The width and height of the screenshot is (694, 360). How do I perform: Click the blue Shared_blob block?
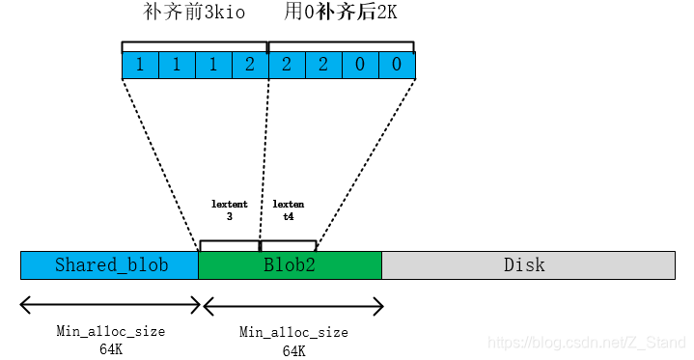109,265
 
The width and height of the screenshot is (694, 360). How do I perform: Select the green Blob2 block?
290,265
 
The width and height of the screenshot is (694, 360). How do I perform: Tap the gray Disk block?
527,265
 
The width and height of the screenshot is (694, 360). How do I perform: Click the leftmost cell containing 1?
140,66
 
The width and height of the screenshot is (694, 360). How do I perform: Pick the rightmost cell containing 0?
396,66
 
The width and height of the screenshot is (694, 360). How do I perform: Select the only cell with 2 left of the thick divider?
249,66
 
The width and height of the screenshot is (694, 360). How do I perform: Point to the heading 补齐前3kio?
194,14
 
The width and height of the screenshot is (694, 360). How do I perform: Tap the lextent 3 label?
230,210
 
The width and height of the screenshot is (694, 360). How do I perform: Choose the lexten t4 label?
288,210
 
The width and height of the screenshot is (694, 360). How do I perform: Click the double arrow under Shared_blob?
109,306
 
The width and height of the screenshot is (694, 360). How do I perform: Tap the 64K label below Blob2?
292,350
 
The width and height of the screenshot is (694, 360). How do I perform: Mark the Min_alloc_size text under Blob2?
292,333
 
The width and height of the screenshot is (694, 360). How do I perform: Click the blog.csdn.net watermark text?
587,343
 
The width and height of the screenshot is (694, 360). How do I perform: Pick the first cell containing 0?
360,66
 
